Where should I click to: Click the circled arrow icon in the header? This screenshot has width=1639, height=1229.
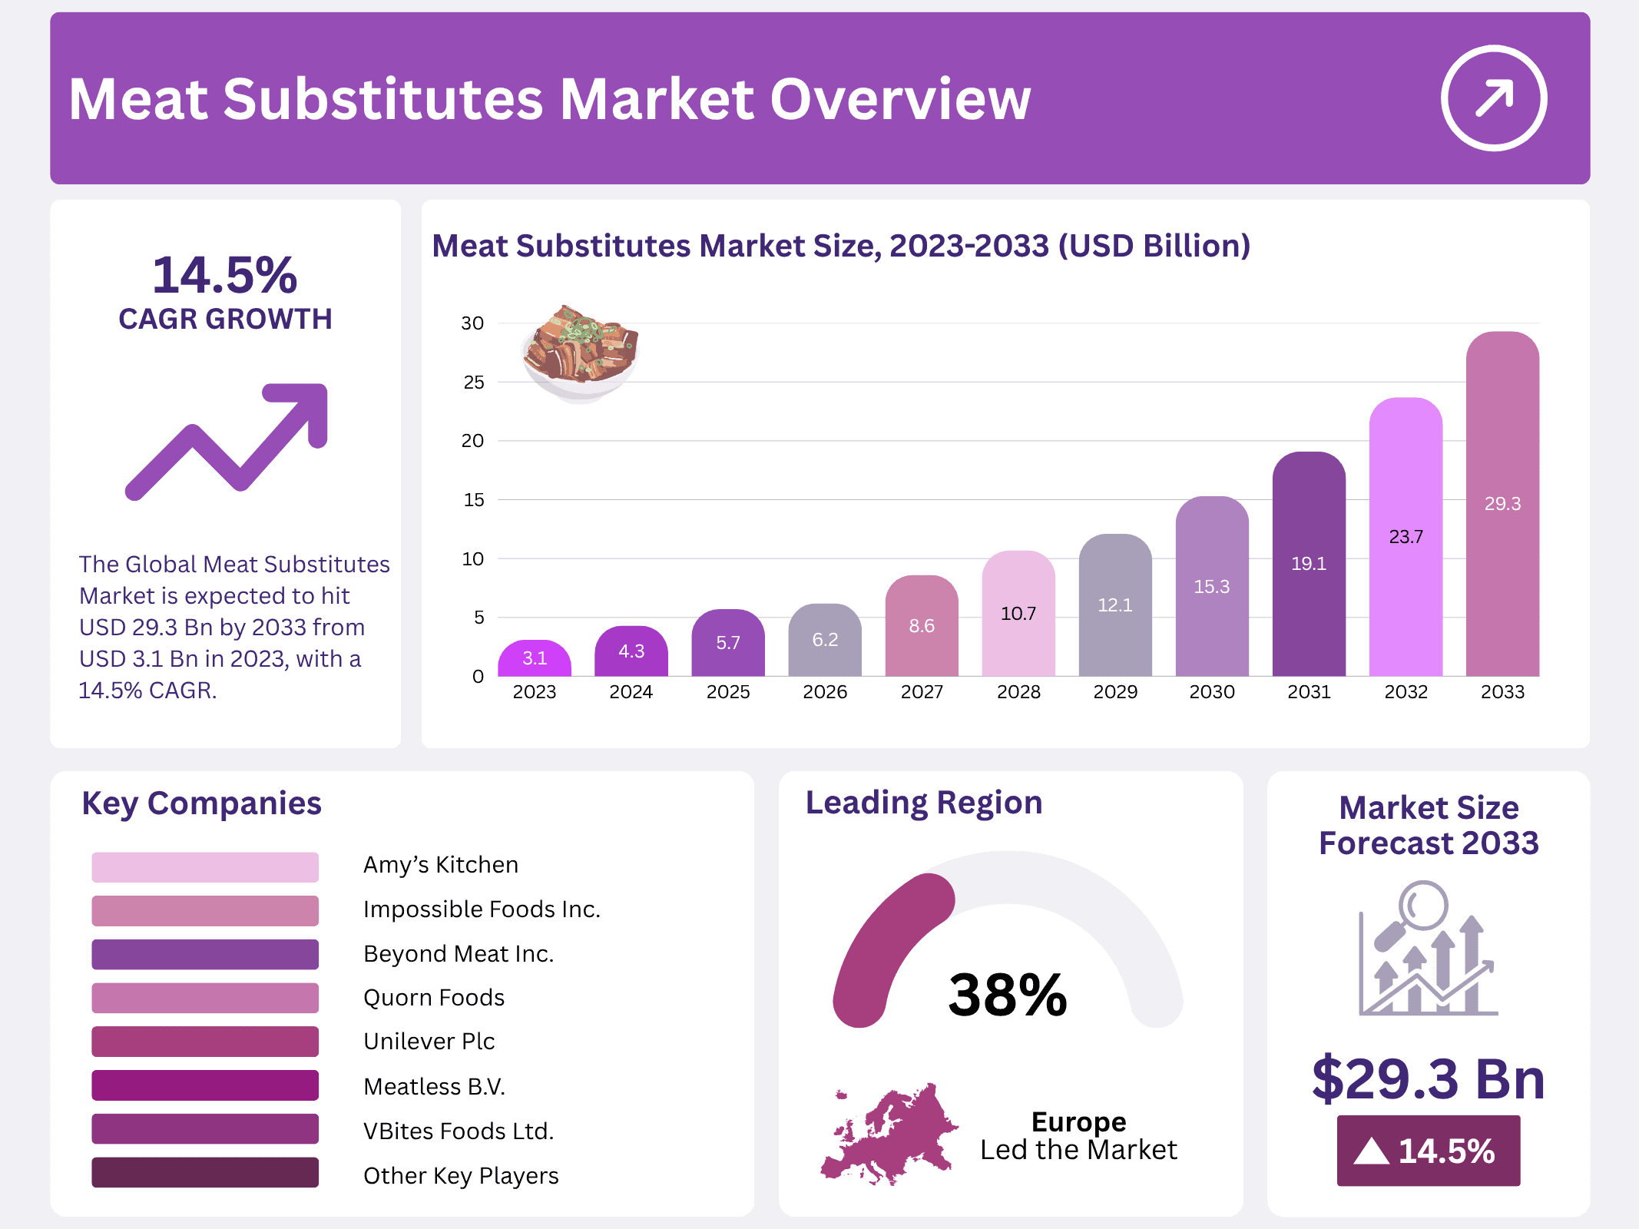(x=1493, y=98)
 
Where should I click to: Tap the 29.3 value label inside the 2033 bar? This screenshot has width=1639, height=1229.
(x=1502, y=504)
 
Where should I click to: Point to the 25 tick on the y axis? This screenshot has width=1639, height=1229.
(x=473, y=383)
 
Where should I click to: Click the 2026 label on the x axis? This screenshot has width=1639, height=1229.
(x=825, y=692)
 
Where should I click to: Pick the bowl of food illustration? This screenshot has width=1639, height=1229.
(x=580, y=353)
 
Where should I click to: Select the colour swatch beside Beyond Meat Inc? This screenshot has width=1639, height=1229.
(x=205, y=954)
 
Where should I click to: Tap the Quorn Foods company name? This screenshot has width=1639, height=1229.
(x=434, y=998)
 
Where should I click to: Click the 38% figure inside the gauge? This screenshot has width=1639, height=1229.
(x=1007, y=995)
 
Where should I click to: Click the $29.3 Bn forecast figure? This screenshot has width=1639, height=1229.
(x=1428, y=1079)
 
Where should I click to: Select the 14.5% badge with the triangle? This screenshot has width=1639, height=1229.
(x=1428, y=1151)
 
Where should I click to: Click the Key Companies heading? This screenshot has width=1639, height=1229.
(x=201, y=803)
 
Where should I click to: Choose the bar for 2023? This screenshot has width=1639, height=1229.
(x=534, y=661)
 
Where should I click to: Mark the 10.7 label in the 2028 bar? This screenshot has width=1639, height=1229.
(x=1018, y=614)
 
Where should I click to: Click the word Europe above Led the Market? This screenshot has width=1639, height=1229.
(x=1078, y=1122)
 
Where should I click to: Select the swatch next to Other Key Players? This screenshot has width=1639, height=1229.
(x=205, y=1173)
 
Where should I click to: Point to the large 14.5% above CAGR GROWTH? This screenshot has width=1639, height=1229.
(x=225, y=275)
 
